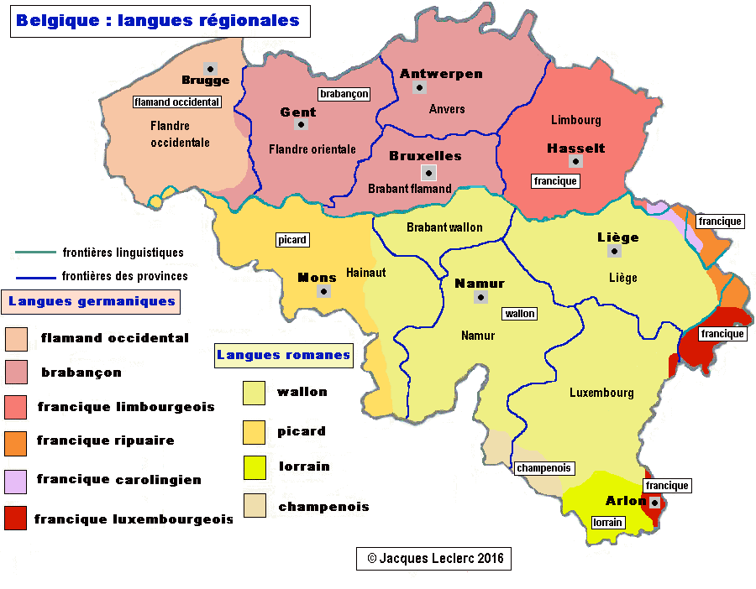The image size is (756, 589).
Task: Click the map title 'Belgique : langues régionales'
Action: pyautogui.click(x=160, y=21)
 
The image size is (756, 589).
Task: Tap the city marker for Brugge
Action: pyautogui.click(x=211, y=67)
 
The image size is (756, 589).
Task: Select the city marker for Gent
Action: pyautogui.click(x=300, y=124)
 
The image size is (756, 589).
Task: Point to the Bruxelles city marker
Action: pyautogui.click(x=428, y=173)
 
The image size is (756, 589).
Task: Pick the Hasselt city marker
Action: pyautogui.click(x=575, y=161)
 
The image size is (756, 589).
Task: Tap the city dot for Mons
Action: pyautogui.click(x=323, y=291)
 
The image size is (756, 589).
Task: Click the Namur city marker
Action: pyautogui.click(x=480, y=297)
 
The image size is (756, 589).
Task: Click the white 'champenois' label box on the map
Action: pyautogui.click(x=543, y=467)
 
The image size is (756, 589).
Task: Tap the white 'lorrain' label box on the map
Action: pyautogui.click(x=607, y=522)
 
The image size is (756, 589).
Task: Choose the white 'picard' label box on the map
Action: pyautogui.click(x=292, y=240)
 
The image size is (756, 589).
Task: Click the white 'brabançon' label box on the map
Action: pyautogui.click(x=344, y=94)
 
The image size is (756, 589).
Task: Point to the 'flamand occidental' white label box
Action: pyautogui.click(x=177, y=102)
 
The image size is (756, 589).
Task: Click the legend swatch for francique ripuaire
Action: pyautogui.click(x=16, y=441)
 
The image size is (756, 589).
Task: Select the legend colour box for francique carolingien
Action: pyautogui.click(x=16, y=480)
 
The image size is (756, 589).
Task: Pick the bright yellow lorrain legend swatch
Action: pyautogui.click(x=255, y=467)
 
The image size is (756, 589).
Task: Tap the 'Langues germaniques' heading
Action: pyautogui.click(x=92, y=301)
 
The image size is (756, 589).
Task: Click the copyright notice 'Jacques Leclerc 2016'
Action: pyautogui.click(x=433, y=558)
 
